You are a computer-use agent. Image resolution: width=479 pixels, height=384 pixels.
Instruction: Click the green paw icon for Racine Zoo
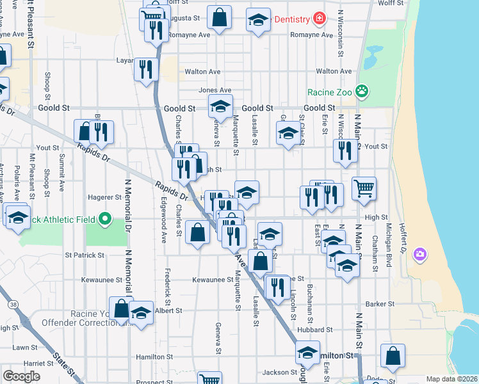pos(362,92)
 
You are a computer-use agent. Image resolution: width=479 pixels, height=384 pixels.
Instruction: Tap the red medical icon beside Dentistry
pos(319,19)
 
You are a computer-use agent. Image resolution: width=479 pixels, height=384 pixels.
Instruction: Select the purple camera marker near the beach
pos(419,255)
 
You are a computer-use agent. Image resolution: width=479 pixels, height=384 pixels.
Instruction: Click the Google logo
pos(21,376)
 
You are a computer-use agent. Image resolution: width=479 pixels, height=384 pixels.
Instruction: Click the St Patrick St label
pos(85,255)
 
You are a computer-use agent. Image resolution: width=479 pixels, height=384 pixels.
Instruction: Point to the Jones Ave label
pos(215,90)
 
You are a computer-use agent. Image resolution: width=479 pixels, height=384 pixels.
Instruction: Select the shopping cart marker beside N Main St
pos(364,189)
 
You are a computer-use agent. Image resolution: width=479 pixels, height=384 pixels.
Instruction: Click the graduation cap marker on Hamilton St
pos(308,353)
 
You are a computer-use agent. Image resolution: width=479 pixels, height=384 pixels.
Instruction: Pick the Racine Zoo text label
pos(330,92)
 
